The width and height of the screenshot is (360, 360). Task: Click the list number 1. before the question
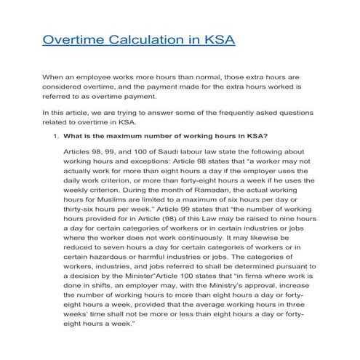click(x=55, y=135)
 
